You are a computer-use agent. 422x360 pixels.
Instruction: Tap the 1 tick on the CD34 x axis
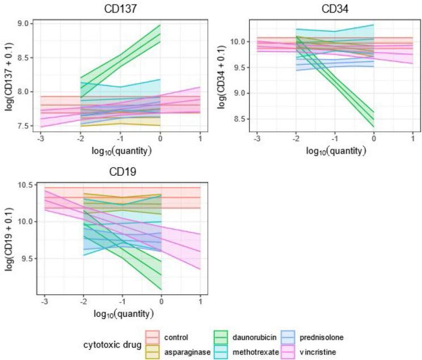coord(412,139)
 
